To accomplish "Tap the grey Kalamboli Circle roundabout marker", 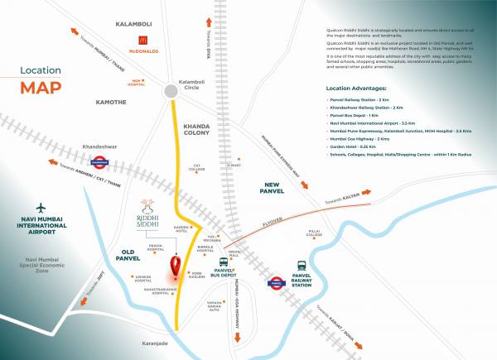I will (x=172, y=90).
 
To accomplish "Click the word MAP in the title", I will (x=41, y=87).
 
